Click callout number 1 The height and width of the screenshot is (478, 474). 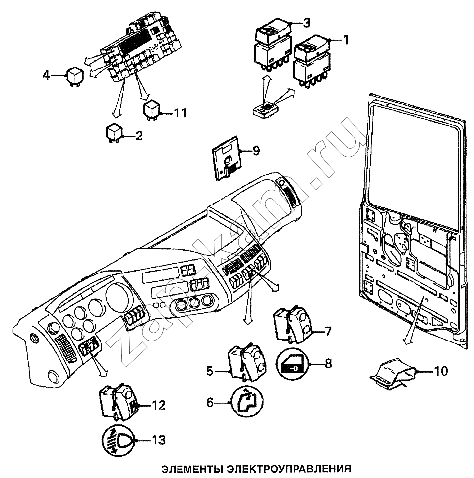pos(346,40)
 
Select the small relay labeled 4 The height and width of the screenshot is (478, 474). pos(75,76)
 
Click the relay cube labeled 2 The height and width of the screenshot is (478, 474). pos(115,132)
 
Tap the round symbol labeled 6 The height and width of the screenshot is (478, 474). pos(247,402)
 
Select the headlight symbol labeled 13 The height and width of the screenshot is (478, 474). pos(118,440)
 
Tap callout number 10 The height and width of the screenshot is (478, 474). pos(440,370)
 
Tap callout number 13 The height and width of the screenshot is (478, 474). pos(159,440)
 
